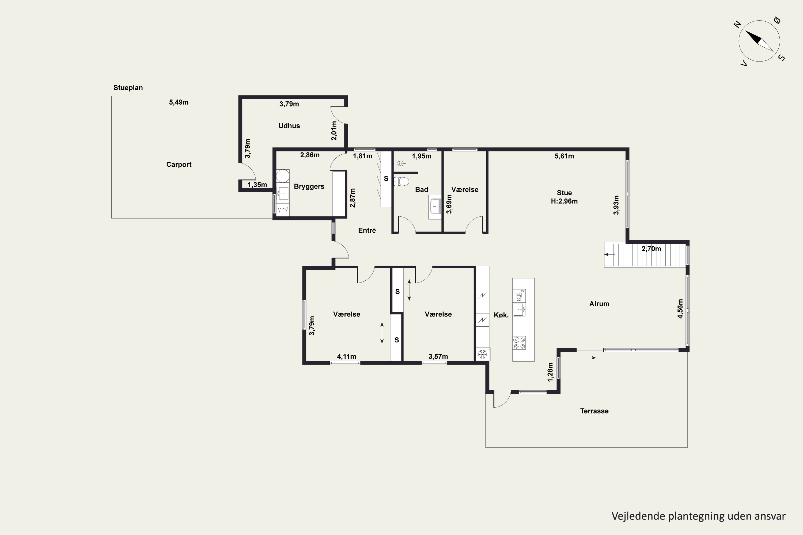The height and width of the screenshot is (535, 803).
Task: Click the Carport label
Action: tap(179, 165)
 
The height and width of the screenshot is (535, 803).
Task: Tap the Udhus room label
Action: tap(289, 125)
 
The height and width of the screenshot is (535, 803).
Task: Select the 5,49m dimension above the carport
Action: tap(179, 102)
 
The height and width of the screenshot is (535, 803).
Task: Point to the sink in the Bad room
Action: tap(435, 207)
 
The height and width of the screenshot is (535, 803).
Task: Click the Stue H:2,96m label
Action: tap(564, 197)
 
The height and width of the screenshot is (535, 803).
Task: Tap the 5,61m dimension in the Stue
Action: tap(564, 156)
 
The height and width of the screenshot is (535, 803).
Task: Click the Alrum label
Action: tap(599, 304)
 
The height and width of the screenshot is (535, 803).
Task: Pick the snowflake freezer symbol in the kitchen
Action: tap(482, 354)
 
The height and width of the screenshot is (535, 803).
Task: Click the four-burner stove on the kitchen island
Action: tap(519, 343)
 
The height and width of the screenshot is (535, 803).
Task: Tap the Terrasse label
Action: tap(594, 411)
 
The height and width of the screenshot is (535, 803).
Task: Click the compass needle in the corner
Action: tap(759, 41)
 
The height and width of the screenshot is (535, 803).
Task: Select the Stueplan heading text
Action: tap(128, 88)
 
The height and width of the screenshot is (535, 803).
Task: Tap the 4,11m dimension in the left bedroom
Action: tap(347, 357)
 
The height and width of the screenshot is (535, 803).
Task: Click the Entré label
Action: tap(367, 230)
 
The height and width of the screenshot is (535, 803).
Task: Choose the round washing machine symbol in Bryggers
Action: tap(283, 176)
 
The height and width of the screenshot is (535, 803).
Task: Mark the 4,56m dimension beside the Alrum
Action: tap(680, 309)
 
